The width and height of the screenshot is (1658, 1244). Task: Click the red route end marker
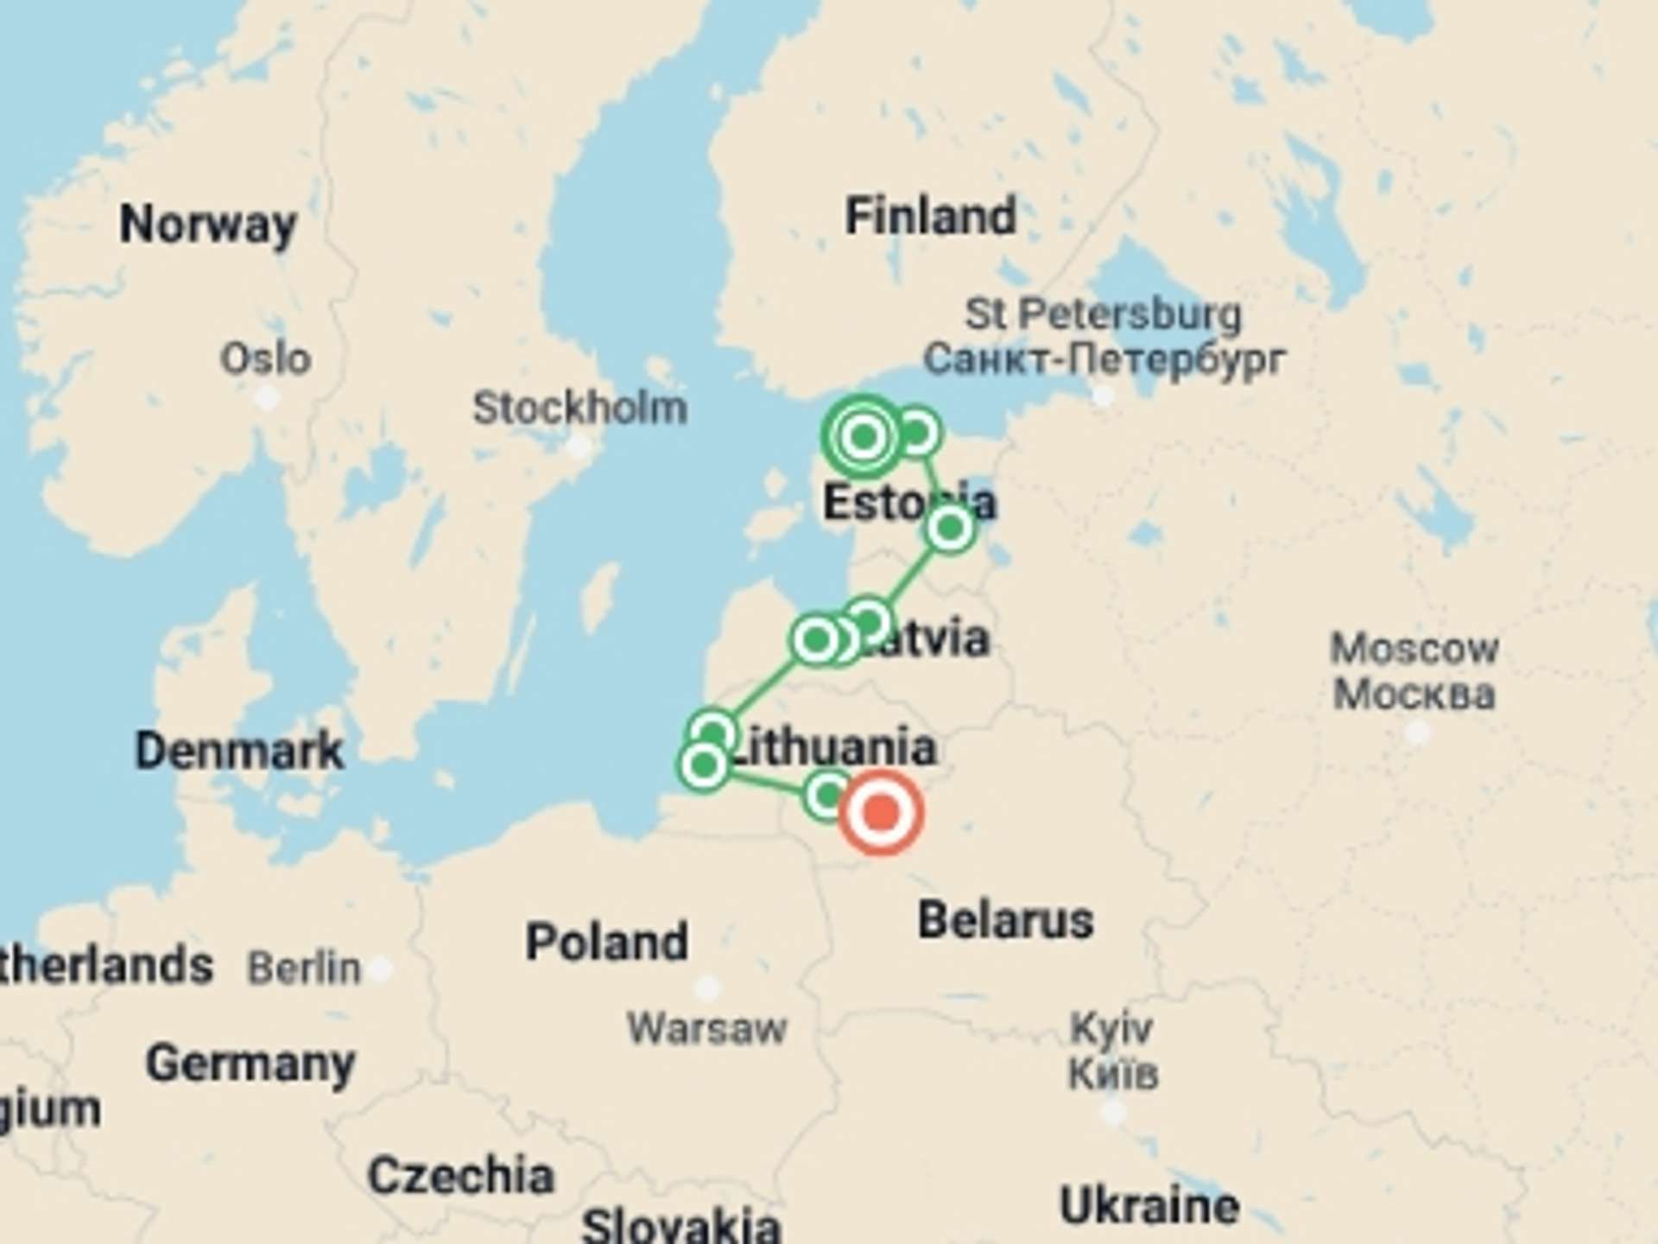(881, 813)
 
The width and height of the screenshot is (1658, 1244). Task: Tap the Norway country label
(208, 225)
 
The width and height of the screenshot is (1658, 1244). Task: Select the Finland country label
(930, 216)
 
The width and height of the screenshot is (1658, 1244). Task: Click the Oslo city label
(265, 359)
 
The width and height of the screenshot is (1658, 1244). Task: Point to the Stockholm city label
(579, 408)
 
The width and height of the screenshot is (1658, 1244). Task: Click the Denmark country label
(239, 751)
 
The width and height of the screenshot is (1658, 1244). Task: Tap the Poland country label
(607, 942)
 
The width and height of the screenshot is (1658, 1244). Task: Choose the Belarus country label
(1005, 920)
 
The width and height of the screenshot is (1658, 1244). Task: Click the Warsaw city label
(706, 1028)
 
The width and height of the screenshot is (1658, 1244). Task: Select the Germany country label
(250, 1063)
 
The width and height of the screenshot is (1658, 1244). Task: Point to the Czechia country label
(460, 1176)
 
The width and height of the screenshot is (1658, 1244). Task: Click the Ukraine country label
(1149, 1206)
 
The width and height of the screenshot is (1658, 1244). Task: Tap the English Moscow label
(1414, 649)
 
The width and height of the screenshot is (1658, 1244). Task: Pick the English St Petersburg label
(1103, 314)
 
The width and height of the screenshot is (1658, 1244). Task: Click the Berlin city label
(304, 968)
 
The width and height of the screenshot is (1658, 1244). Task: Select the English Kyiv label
(1111, 1028)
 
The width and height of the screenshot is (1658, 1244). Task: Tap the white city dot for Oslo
(268, 398)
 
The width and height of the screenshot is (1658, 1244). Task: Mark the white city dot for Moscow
(1416, 733)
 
